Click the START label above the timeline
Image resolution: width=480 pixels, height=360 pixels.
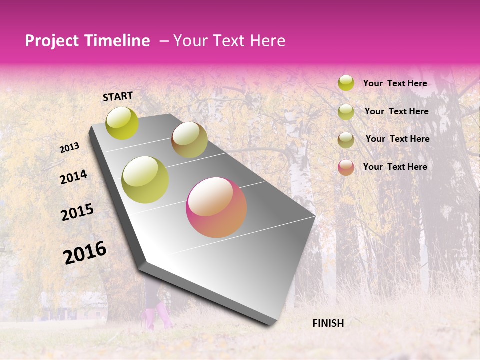(118, 96)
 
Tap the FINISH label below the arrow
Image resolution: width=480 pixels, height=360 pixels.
(328, 323)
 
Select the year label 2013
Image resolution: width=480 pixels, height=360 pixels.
(69, 148)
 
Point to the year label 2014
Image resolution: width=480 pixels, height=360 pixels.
(73, 177)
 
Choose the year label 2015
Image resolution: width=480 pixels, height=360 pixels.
(77, 212)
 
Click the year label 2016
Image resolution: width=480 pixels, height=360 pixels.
(85, 253)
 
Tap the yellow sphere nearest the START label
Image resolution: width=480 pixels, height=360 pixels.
(122, 123)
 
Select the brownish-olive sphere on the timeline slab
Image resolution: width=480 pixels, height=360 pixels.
(189, 140)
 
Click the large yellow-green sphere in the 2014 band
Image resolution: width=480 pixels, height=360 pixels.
(145, 180)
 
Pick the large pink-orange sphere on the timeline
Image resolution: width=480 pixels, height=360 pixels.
(216, 207)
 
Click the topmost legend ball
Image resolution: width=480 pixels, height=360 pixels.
(346, 83)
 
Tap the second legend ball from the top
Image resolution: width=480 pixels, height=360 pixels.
(346, 112)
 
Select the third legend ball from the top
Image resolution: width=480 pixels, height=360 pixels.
(346, 140)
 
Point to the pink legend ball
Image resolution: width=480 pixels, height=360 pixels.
(346, 167)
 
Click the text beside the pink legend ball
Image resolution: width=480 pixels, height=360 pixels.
(395, 167)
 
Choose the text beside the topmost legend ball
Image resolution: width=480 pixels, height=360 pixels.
(395, 83)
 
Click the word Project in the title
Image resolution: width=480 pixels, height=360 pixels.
(52, 41)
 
